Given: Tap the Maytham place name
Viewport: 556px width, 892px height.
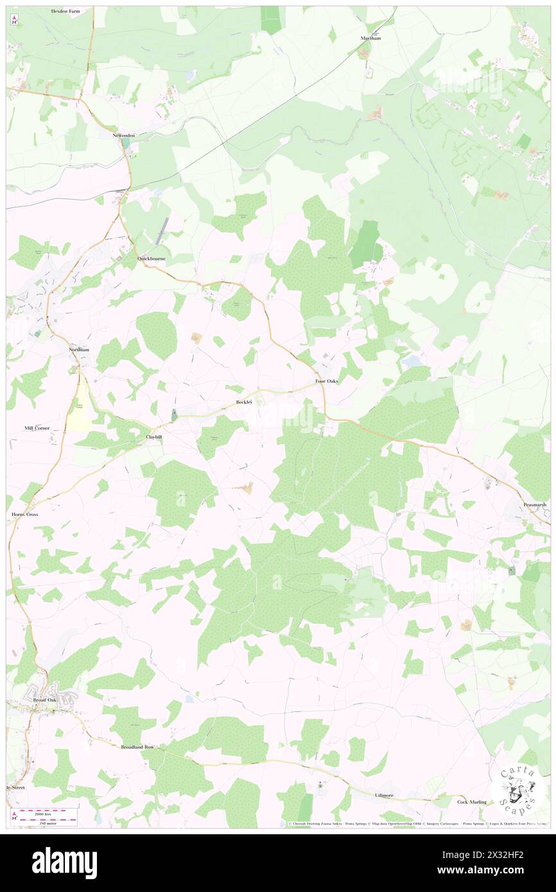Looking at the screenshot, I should [x=371, y=39].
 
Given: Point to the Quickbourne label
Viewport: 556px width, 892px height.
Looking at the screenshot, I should [x=152, y=259].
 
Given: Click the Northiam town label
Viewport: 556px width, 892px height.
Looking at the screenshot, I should [x=80, y=349].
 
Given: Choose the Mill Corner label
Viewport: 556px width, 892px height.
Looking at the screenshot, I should [x=37, y=428].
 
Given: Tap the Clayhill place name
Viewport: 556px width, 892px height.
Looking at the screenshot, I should [x=153, y=436].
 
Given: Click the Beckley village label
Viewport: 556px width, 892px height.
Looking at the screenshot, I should [x=244, y=402].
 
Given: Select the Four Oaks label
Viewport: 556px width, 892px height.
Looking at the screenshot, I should [x=326, y=381].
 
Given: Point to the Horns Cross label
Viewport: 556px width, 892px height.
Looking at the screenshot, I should [x=25, y=515].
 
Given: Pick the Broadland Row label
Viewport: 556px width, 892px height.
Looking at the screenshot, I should [x=138, y=747].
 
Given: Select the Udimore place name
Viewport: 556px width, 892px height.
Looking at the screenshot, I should [x=384, y=795].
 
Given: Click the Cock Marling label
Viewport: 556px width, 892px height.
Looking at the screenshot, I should [x=471, y=802].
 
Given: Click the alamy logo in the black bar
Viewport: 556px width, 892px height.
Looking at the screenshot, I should [x=64, y=862].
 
